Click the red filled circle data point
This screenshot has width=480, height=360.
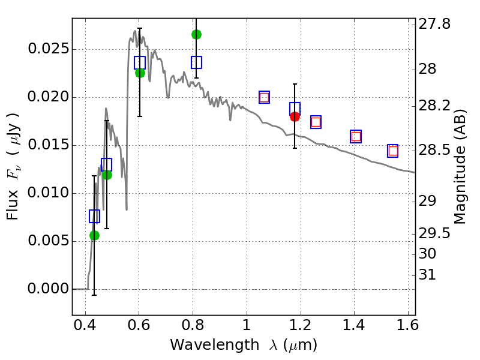coord(295,116)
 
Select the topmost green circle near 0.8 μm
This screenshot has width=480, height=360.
coord(196,34)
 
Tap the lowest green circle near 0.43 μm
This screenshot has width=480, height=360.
coord(94,235)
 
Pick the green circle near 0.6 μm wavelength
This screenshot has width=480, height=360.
coord(140,73)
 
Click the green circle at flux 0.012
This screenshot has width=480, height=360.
coord(107,175)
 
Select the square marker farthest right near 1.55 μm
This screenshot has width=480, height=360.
coord(393,151)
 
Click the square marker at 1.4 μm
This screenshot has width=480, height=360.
coord(356,136)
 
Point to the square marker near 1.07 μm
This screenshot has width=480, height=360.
coord(264,97)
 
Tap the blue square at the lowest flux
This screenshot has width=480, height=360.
coord(94,216)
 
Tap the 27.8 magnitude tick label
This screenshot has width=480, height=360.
coord(436,25)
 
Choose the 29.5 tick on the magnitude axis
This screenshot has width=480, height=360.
coord(436,233)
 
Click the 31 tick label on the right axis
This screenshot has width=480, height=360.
coord(430,275)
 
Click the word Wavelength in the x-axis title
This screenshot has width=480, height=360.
coord(202,345)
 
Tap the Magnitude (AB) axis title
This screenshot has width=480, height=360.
coord(460,166)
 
